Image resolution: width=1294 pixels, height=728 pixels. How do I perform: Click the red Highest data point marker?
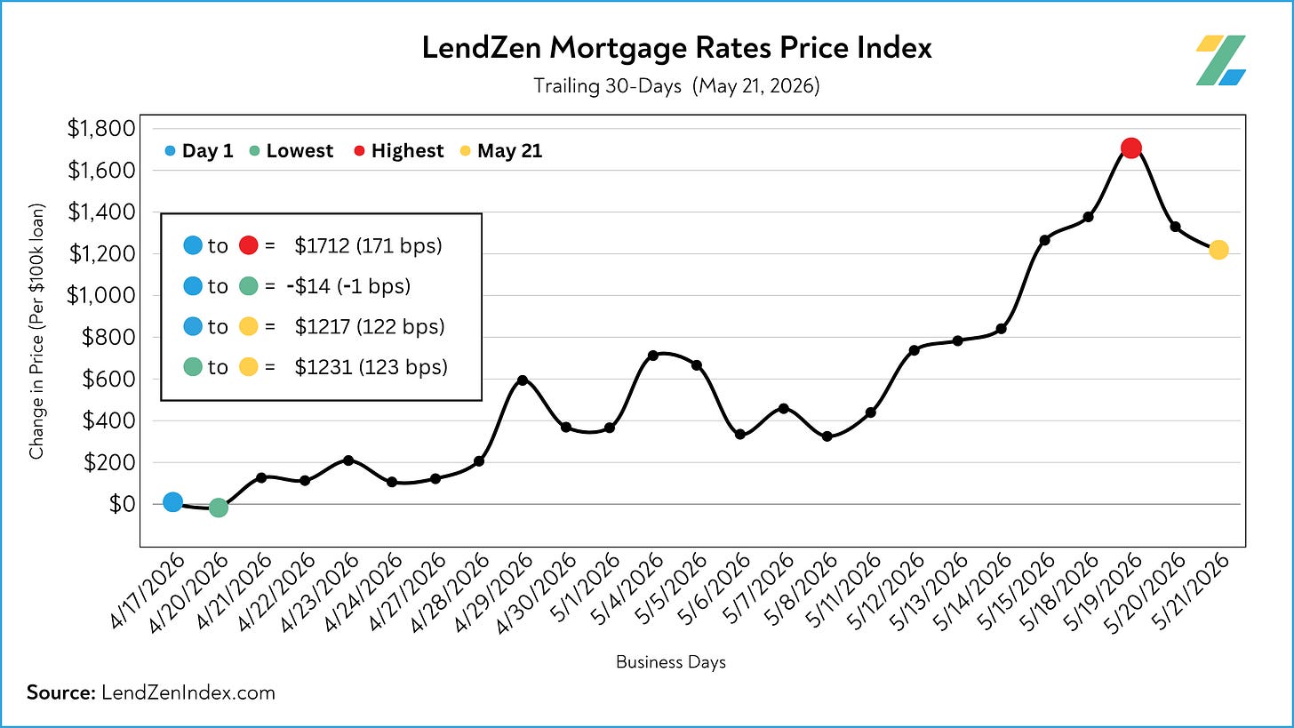click(x=1131, y=148)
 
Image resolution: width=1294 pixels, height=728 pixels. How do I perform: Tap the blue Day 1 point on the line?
click(x=172, y=502)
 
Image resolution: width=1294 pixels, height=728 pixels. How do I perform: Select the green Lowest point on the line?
click(x=218, y=508)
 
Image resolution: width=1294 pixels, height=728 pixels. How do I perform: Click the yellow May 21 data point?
click(x=1218, y=250)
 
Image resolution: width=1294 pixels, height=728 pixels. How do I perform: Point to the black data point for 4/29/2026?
click(x=523, y=380)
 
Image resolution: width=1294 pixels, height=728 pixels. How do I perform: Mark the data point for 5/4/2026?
click(x=652, y=356)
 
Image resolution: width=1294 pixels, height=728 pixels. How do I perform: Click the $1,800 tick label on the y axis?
click(x=101, y=128)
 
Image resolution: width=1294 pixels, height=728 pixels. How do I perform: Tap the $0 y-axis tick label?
click(x=122, y=504)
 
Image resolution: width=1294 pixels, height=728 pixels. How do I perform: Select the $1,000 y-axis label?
click(x=101, y=295)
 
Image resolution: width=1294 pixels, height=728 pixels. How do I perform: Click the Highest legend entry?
click(x=398, y=151)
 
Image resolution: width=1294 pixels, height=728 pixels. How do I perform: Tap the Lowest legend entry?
click(x=292, y=151)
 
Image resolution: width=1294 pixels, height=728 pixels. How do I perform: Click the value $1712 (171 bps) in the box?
click(x=368, y=245)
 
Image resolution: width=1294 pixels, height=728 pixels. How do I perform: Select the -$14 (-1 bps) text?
click(x=348, y=286)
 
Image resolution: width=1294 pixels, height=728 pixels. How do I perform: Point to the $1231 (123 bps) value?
click(x=371, y=367)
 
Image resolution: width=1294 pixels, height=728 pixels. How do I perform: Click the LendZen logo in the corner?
click(x=1220, y=60)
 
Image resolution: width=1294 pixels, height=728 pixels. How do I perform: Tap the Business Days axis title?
click(x=671, y=662)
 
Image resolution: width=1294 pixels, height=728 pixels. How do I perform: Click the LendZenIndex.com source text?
click(x=188, y=692)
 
